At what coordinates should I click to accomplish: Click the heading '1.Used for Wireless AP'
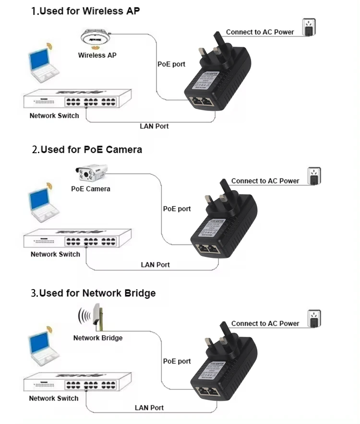[86, 11]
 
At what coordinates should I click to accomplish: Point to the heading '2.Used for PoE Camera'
[87, 150]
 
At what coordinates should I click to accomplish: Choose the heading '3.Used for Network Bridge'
[94, 293]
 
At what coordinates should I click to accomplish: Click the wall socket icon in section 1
[309, 27]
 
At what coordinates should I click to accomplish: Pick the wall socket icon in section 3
[314, 319]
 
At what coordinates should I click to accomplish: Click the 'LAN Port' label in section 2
[155, 265]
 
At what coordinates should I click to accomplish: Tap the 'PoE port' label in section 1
[171, 64]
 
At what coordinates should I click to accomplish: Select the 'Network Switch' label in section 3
[54, 398]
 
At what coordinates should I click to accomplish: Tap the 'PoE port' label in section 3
[177, 361]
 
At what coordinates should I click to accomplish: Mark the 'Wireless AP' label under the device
[97, 55]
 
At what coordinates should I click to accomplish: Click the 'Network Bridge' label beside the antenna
[98, 338]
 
